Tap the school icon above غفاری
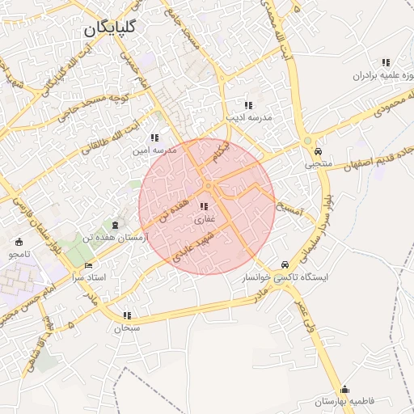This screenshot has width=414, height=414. point(203,207)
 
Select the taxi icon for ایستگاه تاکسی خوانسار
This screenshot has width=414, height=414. point(284,265)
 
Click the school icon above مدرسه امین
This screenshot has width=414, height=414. point(154,138)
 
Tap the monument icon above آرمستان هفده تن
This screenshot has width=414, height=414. point(114,225)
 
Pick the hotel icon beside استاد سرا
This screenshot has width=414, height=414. point(89,265)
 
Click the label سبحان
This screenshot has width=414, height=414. point(127,328)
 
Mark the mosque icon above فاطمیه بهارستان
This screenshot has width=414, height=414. point(345,389)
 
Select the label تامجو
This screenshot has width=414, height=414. point(19,254)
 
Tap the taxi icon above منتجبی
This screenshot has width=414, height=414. point(318,152)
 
